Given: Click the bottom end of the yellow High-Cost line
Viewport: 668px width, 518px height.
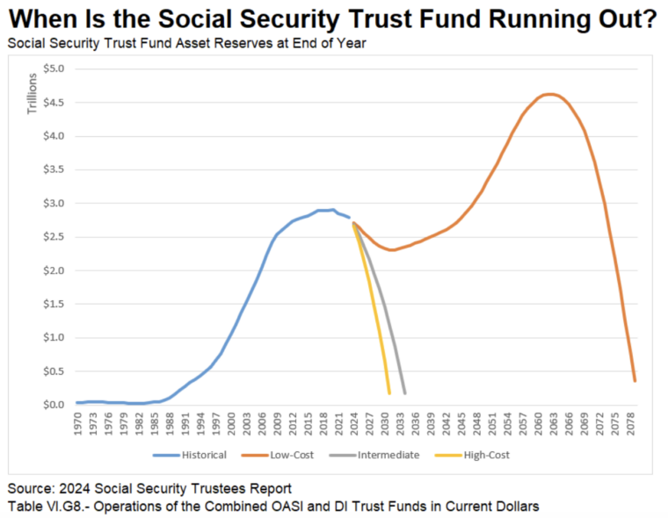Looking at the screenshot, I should point(389,393).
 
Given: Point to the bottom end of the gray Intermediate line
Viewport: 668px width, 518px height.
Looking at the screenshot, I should point(404,393).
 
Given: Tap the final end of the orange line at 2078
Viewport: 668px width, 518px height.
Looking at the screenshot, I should point(635,381).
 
